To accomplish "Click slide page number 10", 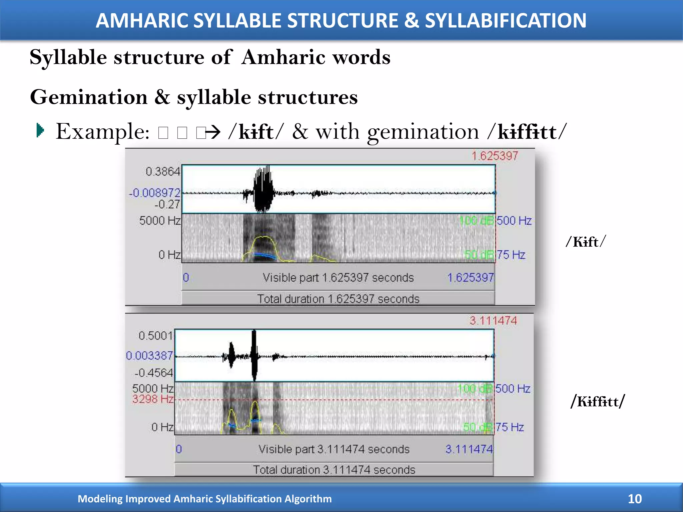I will (x=635, y=499).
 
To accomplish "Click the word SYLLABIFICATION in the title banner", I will (x=505, y=21).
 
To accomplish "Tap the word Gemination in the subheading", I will (x=89, y=97).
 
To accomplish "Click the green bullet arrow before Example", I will (x=40, y=130).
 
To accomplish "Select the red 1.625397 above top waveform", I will (x=495, y=156).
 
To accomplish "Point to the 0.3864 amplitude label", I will (x=163, y=172).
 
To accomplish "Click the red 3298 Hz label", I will (x=153, y=399).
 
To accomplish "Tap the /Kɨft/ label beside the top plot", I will (x=586, y=242).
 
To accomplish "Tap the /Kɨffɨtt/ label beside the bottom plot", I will (x=598, y=401).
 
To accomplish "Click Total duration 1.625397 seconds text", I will (x=338, y=299).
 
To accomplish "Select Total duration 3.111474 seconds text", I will (x=334, y=470).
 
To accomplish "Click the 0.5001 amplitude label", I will (x=155, y=336).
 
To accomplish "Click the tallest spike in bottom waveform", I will (x=254, y=355).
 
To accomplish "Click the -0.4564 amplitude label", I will (x=154, y=373).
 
